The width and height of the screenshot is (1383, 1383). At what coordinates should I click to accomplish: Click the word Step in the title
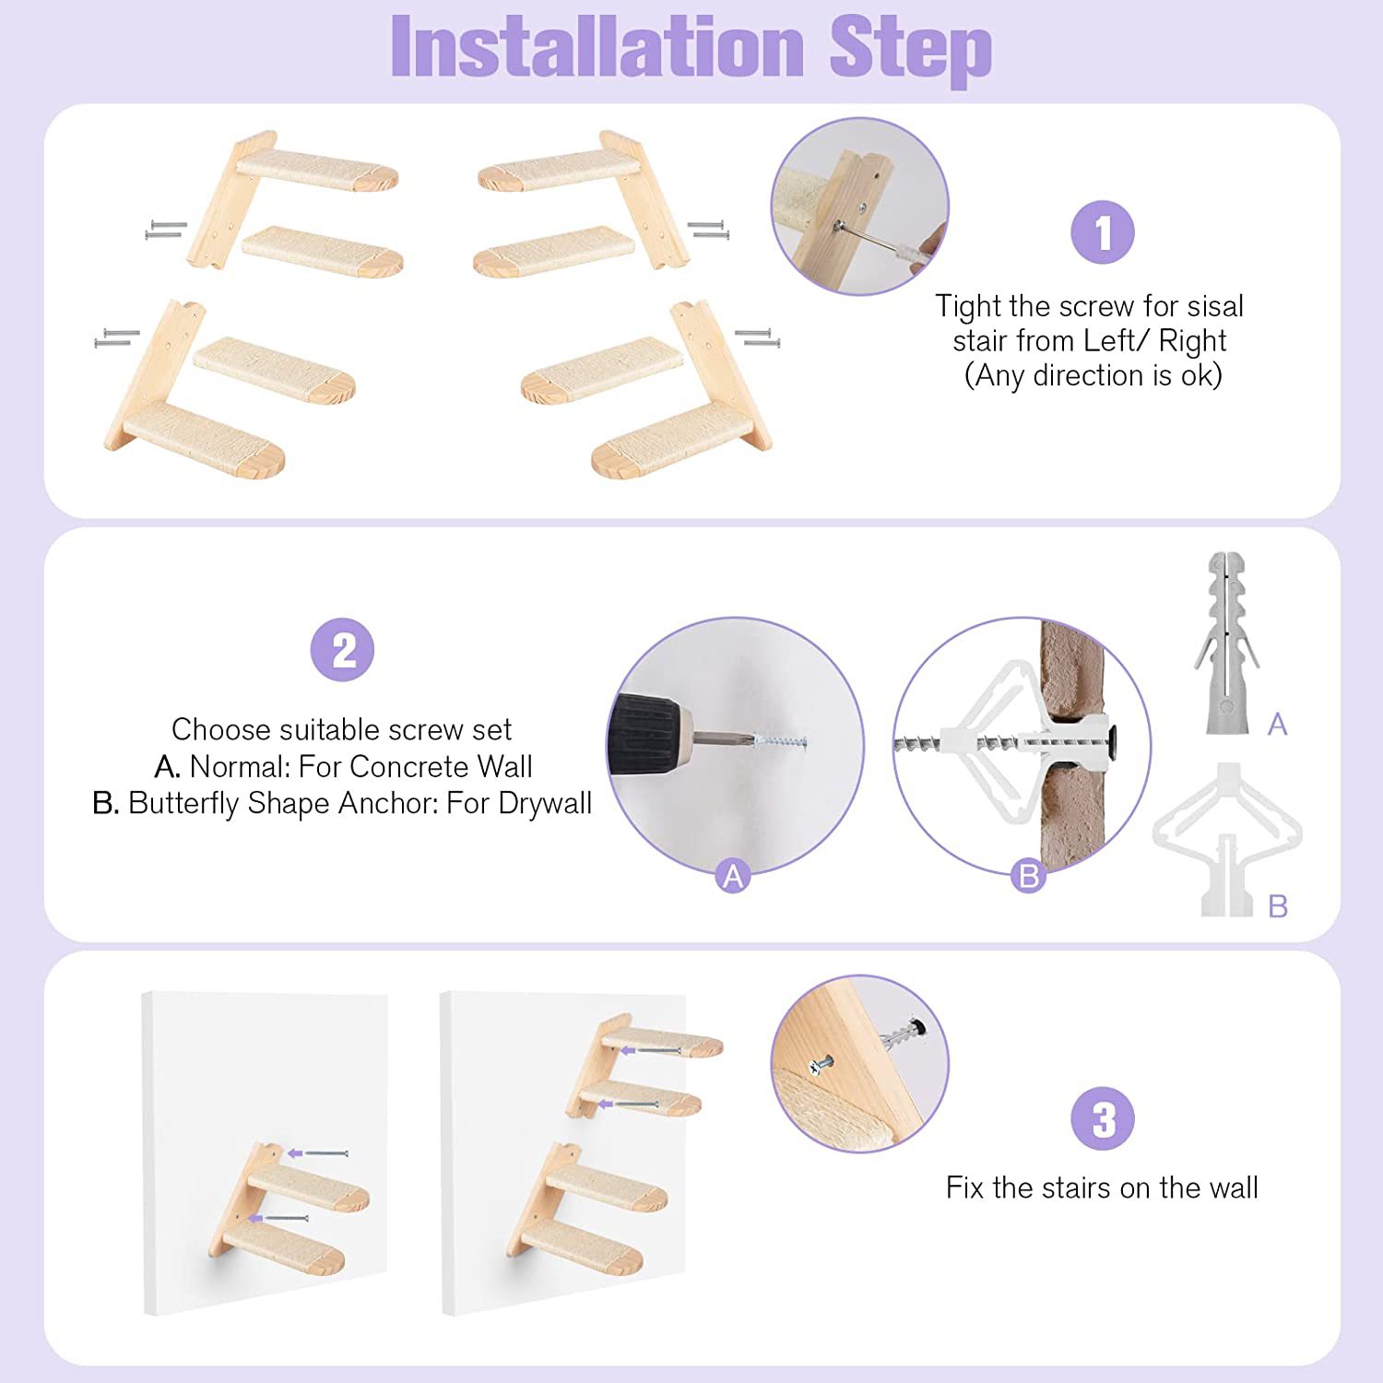[910, 51]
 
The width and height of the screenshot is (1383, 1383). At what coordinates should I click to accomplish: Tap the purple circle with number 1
[1102, 232]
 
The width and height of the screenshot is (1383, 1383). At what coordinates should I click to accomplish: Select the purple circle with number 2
[342, 650]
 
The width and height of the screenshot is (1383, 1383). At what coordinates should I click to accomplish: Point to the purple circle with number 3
[1103, 1118]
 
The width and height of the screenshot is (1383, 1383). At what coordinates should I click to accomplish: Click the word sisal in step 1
[1215, 305]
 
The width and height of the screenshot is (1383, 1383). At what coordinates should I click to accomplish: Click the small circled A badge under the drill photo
[733, 876]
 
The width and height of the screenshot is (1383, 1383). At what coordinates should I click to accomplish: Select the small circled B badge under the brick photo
[1028, 875]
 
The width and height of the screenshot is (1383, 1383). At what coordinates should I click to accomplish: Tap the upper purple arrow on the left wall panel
[295, 1152]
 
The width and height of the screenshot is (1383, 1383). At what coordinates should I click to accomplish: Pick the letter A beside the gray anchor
[1277, 724]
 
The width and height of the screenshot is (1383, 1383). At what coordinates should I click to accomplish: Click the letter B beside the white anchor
[1278, 906]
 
